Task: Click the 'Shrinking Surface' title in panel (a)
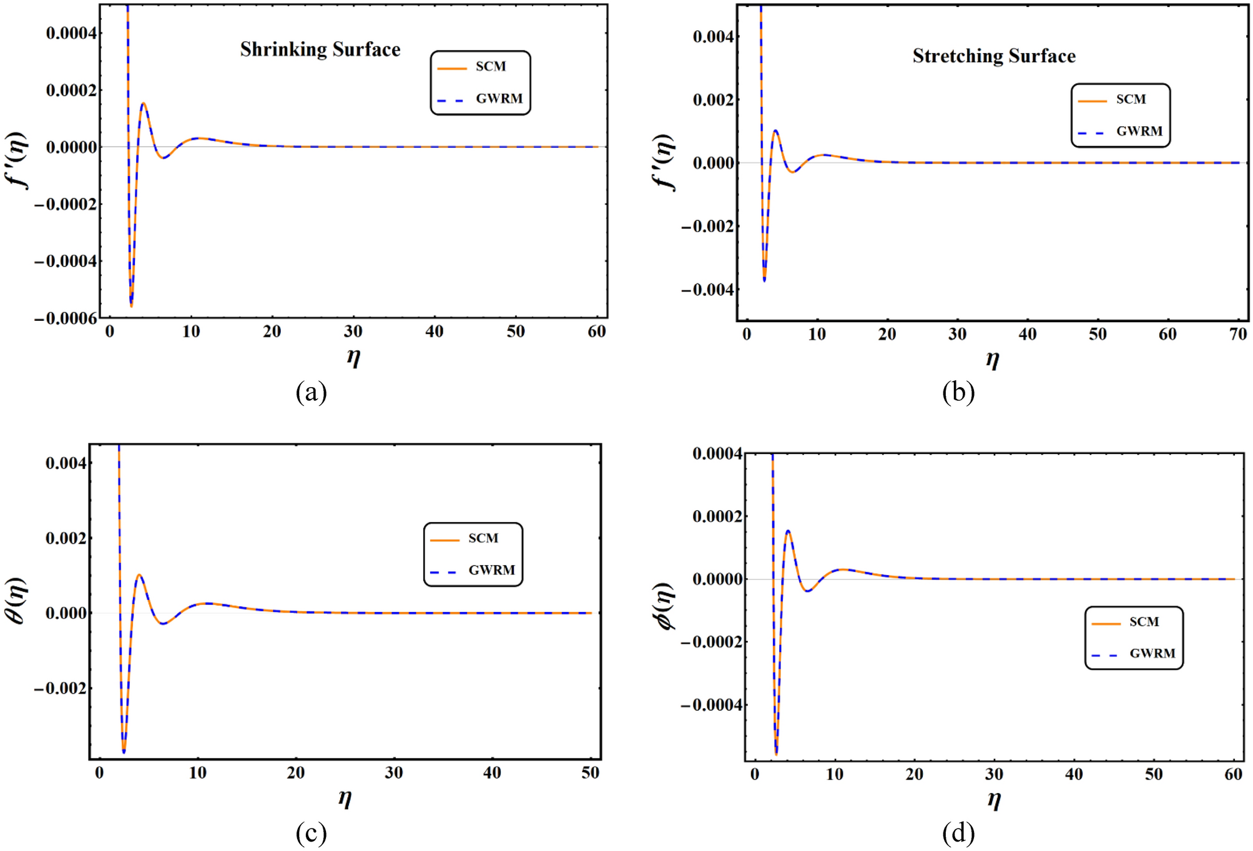(x=320, y=49)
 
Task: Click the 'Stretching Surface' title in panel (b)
(x=994, y=56)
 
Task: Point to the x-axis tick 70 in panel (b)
(x=1238, y=335)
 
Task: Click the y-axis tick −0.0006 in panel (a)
(x=66, y=318)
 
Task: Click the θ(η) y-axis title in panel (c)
(x=17, y=601)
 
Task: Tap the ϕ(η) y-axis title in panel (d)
(x=666, y=606)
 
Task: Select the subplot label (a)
(x=311, y=392)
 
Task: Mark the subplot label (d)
(x=958, y=832)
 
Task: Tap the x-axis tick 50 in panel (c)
(x=590, y=773)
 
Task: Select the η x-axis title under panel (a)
(x=353, y=357)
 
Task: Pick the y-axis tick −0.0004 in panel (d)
(x=712, y=706)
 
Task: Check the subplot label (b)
(x=958, y=392)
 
